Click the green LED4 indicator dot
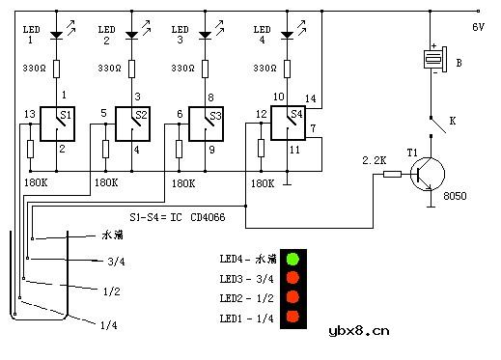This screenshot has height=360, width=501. click(292, 259)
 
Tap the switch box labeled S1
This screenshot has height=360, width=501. click(57, 124)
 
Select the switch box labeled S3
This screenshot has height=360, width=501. click(206, 124)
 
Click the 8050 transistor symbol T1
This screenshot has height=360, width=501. click(428, 174)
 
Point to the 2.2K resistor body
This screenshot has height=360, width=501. click(392, 174)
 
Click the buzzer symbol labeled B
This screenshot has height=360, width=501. click(435, 60)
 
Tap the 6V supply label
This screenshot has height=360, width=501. click(478, 27)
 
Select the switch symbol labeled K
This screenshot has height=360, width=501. click(438, 125)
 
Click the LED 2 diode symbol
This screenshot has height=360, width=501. click(131, 35)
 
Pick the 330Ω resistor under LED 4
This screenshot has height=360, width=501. click(288, 69)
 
